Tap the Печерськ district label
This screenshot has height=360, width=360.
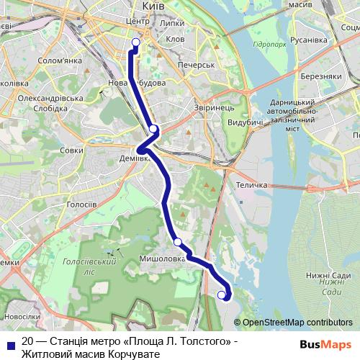point(198,65)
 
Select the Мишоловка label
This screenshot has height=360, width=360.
point(163,257)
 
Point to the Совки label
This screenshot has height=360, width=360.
point(71,150)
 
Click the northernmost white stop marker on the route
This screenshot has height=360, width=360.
point(135,42)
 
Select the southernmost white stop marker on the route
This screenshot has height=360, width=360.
point(222,294)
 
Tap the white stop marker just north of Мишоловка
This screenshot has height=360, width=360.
point(177,242)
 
